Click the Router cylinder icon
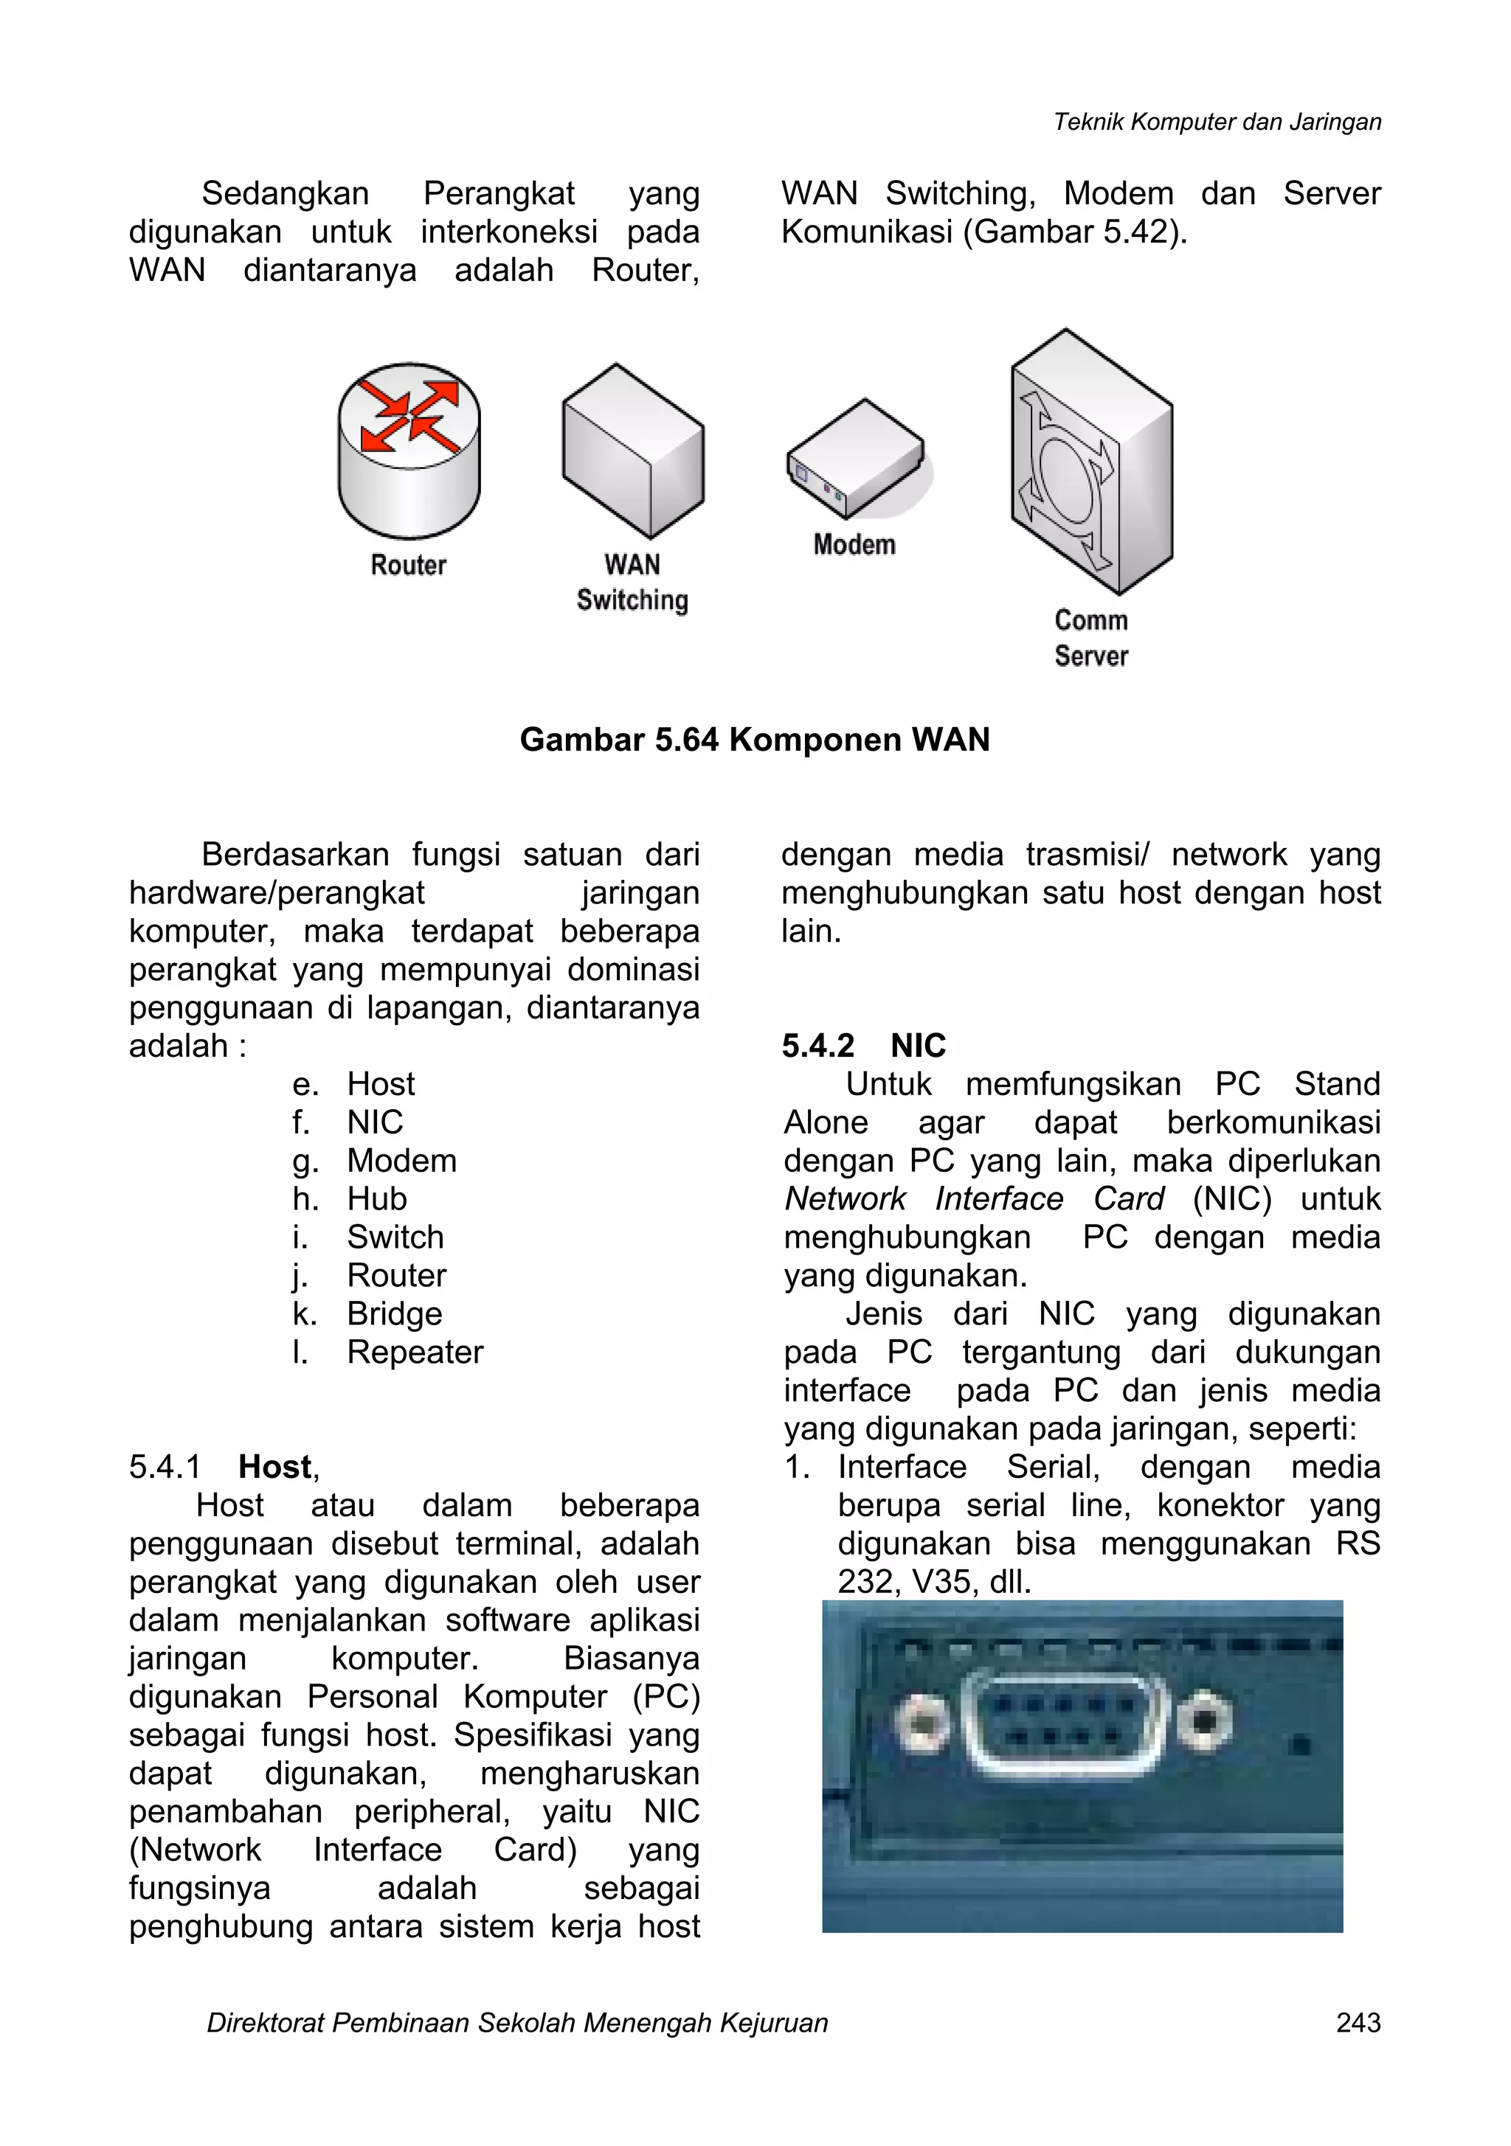click(x=409, y=451)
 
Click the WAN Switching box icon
click(x=633, y=451)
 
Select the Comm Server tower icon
click(x=1090, y=462)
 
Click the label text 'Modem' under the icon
click(x=854, y=545)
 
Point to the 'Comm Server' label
click(x=1090, y=639)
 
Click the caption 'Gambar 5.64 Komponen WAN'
click(x=755, y=740)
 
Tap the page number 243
click(x=1358, y=2023)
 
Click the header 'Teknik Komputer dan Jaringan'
click(x=1217, y=122)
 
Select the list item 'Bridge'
click(x=394, y=1313)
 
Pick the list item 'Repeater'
click(x=415, y=1352)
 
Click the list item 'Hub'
click(x=377, y=1198)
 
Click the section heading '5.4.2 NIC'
click(x=864, y=1045)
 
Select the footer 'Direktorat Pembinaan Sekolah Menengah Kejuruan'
click(x=517, y=2023)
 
